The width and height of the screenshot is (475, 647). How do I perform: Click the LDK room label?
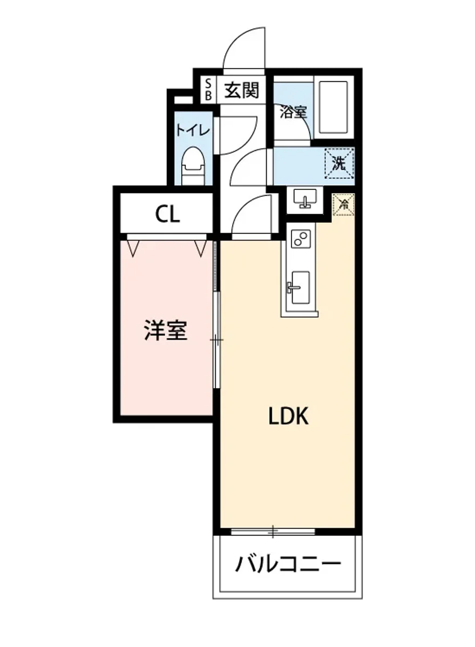pyautogui.click(x=289, y=416)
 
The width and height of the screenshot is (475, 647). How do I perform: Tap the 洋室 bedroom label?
pyautogui.click(x=166, y=330)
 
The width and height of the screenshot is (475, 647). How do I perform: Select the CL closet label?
pyautogui.click(x=167, y=215)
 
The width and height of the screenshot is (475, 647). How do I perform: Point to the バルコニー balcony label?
pyautogui.click(x=288, y=565)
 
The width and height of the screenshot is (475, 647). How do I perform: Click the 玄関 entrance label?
pyautogui.click(x=241, y=90)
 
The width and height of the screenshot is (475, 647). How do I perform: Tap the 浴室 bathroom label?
pyautogui.click(x=293, y=112)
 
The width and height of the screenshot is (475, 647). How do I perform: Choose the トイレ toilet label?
pyautogui.click(x=192, y=130)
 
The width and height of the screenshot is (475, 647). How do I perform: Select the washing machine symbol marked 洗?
pyautogui.click(x=338, y=162)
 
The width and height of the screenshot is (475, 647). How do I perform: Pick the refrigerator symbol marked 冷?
pyautogui.click(x=342, y=203)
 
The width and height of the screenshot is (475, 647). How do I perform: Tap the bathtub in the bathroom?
pyautogui.click(x=332, y=107)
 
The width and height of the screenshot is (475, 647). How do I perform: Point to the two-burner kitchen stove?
pyautogui.click(x=300, y=238)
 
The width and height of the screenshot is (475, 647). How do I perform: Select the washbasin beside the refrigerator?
pyautogui.click(x=307, y=199)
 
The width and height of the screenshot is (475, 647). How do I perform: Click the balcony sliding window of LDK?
pyautogui.click(x=273, y=532)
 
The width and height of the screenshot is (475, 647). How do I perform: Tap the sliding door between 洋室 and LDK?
pyautogui.click(x=216, y=340)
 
